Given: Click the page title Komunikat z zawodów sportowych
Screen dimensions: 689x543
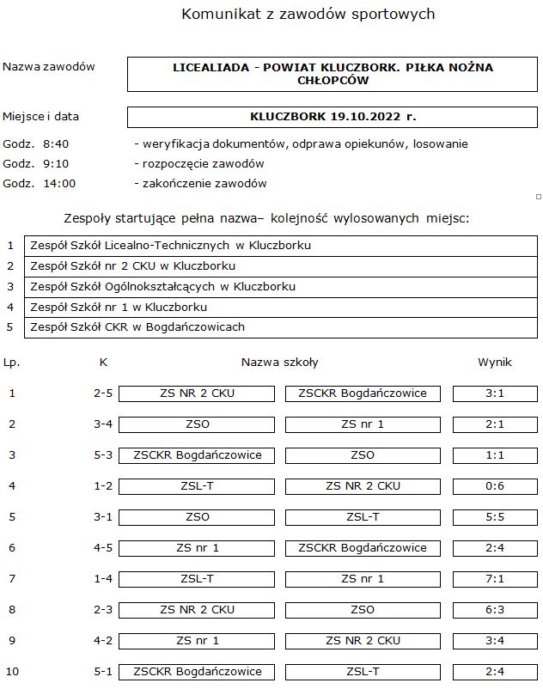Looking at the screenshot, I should pos(308,15).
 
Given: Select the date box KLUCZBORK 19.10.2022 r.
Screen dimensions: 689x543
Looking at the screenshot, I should pos(333,117).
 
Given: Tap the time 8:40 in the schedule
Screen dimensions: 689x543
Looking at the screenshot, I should pos(55,143).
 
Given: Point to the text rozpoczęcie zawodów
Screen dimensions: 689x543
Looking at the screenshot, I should pos(198,163).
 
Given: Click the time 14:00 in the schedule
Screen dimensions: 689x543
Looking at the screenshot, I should pos(58,183).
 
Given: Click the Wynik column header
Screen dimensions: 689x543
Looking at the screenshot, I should pos(494,363).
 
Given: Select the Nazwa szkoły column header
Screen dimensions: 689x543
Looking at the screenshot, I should pos(279,363).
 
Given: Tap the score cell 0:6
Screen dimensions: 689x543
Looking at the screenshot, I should pos(494,486).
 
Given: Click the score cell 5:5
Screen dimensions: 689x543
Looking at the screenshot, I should pos(494,517).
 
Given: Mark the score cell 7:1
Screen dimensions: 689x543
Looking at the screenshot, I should pos(494,579).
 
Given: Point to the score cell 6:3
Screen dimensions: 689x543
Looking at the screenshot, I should pos(494,610).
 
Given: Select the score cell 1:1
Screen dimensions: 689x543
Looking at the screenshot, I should pos(494,455).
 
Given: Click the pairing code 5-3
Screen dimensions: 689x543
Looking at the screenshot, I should pos(103,455).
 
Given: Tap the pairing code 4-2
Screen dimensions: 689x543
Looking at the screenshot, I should pos(103,641).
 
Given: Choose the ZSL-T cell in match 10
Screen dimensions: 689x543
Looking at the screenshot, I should pos(363,672).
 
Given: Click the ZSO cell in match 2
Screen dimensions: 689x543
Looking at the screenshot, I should pos(197,424).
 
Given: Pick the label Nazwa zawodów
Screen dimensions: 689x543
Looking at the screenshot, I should pos(49,67).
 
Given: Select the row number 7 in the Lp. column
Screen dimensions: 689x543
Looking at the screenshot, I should pos(12,579).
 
